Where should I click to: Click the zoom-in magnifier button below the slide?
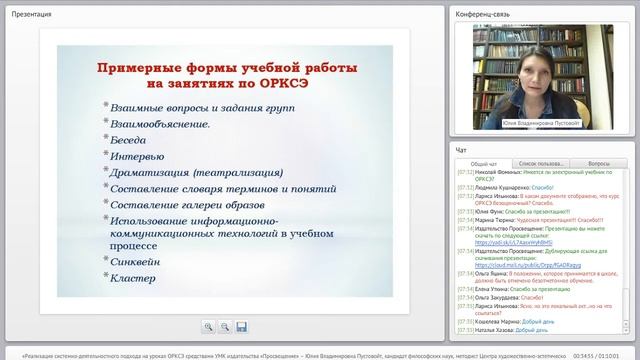(208, 326)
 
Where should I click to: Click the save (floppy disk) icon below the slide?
(241, 326)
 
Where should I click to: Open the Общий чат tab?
(484, 163)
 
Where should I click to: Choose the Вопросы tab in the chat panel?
(600, 163)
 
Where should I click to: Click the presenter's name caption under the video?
(543, 124)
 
